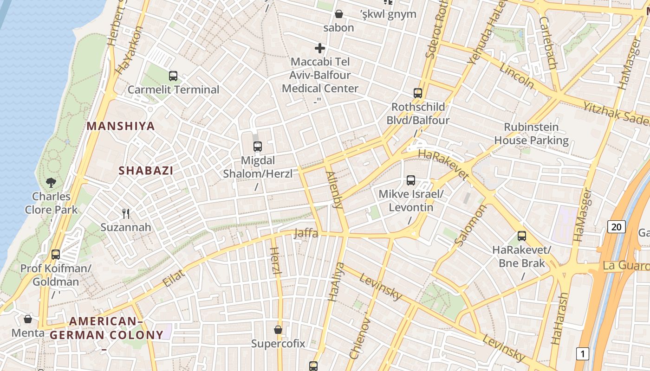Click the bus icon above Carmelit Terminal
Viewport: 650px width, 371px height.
click(173, 76)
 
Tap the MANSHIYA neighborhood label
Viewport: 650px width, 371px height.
click(121, 126)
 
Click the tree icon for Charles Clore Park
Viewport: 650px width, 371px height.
click(51, 183)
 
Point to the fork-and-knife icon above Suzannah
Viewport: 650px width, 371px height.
click(126, 213)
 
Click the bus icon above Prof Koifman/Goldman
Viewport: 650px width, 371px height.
click(56, 254)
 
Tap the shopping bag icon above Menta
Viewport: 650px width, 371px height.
click(28, 319)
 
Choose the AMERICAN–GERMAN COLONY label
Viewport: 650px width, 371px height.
click(107, 328)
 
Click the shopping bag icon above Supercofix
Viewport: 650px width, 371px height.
click(278, 330)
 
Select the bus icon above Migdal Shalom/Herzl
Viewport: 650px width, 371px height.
click(258, 147)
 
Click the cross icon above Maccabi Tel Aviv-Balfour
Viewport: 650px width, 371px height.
click(320, 48)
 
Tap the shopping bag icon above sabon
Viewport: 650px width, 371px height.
click(339, 14)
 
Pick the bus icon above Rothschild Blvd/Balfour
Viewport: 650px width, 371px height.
click(418, 93)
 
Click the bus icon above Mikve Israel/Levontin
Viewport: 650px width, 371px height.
click(411, 180)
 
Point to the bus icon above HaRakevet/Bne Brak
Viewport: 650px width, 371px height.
click(522, 236)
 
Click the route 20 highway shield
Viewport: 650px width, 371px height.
click(616, 227)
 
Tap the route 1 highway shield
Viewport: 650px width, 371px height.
click(582, 354)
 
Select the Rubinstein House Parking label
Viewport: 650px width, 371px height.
click(531, 134)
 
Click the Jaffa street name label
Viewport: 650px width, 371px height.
click(306, 233)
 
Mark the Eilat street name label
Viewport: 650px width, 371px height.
click(175, 278)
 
